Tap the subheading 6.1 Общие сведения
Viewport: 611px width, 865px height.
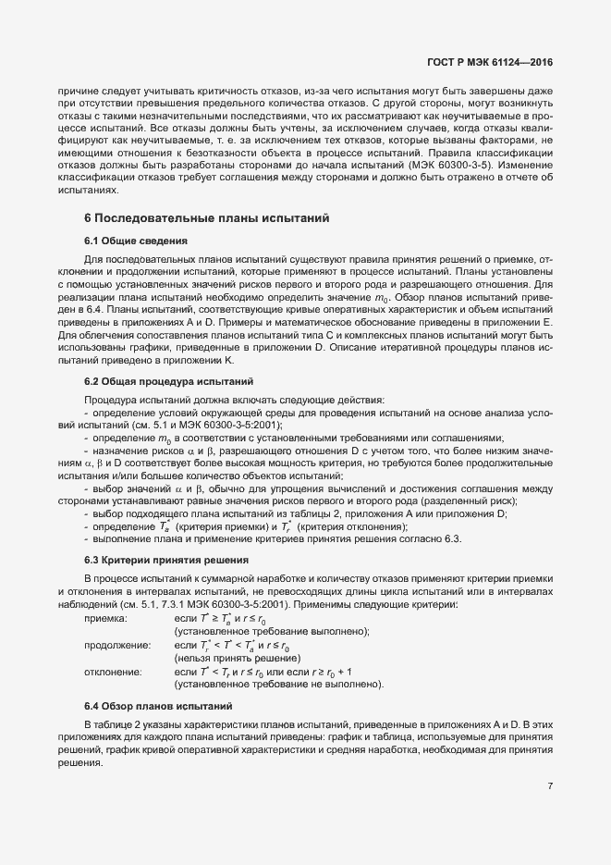click(x=136, y=241)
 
